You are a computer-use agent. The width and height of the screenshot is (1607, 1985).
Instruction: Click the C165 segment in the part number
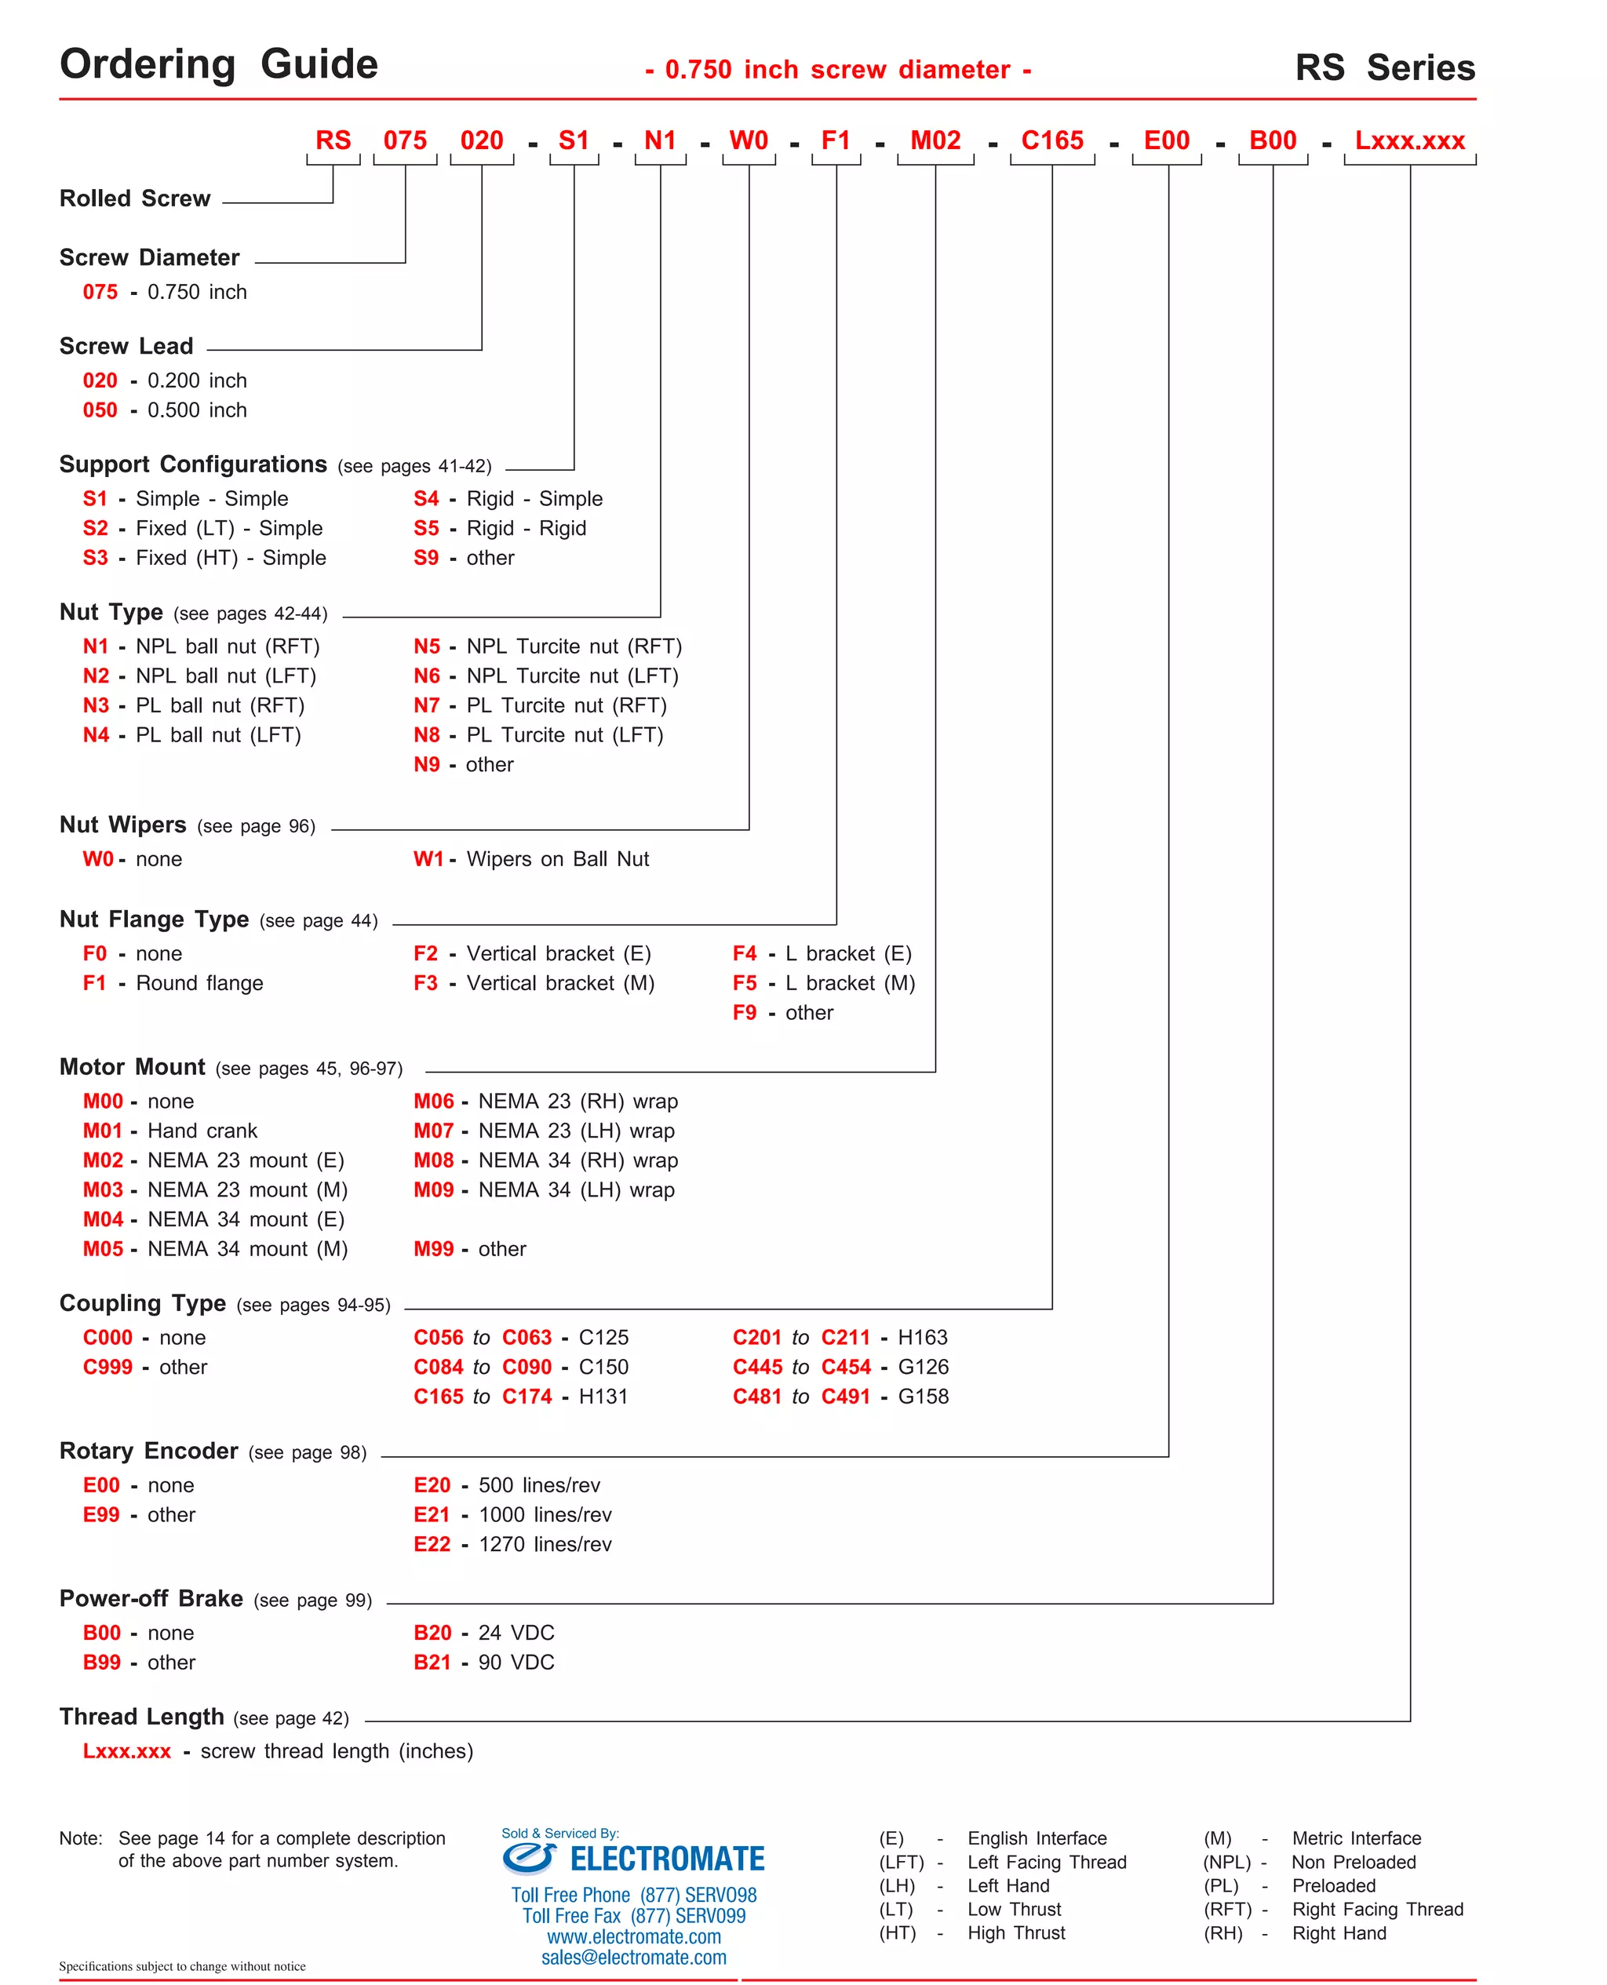coord(1051,140)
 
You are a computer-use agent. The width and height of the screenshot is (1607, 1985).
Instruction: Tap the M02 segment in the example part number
coord(935,140)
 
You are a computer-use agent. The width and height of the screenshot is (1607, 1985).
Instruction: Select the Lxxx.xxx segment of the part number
coord(1409,140)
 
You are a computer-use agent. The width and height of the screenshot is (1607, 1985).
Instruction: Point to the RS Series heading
coord(1384,67)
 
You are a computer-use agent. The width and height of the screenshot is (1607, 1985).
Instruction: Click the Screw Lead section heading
coord(126,346)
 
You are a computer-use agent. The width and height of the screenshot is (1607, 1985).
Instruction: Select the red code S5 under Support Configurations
coord(426,528)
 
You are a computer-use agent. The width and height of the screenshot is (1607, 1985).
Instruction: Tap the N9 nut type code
coord(426,764)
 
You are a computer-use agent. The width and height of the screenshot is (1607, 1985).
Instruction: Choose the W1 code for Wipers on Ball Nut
coord(428,859)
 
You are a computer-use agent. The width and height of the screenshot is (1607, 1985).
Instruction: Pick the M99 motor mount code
coord(433,1248)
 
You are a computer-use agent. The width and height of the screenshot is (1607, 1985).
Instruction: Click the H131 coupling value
coord(603,1397)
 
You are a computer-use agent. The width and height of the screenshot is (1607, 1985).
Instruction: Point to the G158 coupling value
coord(923,1397)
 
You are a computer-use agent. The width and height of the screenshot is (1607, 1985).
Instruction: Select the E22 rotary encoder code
coord(432,1543)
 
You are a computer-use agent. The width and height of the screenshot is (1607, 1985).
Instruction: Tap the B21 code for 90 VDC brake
coord(432,1662)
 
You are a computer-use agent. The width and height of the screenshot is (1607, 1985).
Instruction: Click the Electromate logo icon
coord(530,1857)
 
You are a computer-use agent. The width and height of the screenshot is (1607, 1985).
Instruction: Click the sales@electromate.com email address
coord(633,1958)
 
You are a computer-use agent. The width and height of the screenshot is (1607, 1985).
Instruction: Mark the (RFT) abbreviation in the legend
coord(1226,1909)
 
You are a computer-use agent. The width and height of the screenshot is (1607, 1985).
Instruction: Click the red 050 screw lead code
coord(100,410)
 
